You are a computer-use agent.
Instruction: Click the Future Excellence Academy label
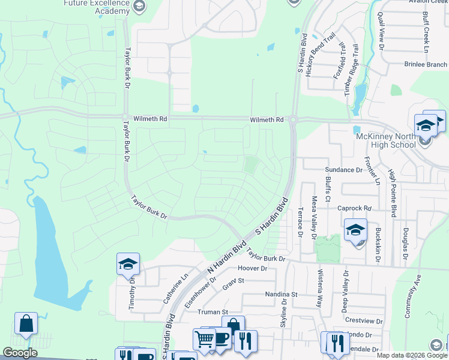(96, 7)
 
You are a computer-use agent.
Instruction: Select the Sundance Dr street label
(344, 170)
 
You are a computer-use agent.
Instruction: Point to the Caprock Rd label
(354, 208)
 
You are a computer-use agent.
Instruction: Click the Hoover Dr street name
(252, 268)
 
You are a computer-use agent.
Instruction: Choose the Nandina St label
(282, 295)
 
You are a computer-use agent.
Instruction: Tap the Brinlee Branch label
(426, 64)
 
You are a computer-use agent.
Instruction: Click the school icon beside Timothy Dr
(128, 265)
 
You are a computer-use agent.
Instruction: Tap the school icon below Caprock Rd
(355, 230)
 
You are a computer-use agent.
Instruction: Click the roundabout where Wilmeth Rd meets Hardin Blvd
(294, 119)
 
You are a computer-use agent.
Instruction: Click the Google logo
(20, 353)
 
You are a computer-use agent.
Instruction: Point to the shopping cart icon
(204, 339)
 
